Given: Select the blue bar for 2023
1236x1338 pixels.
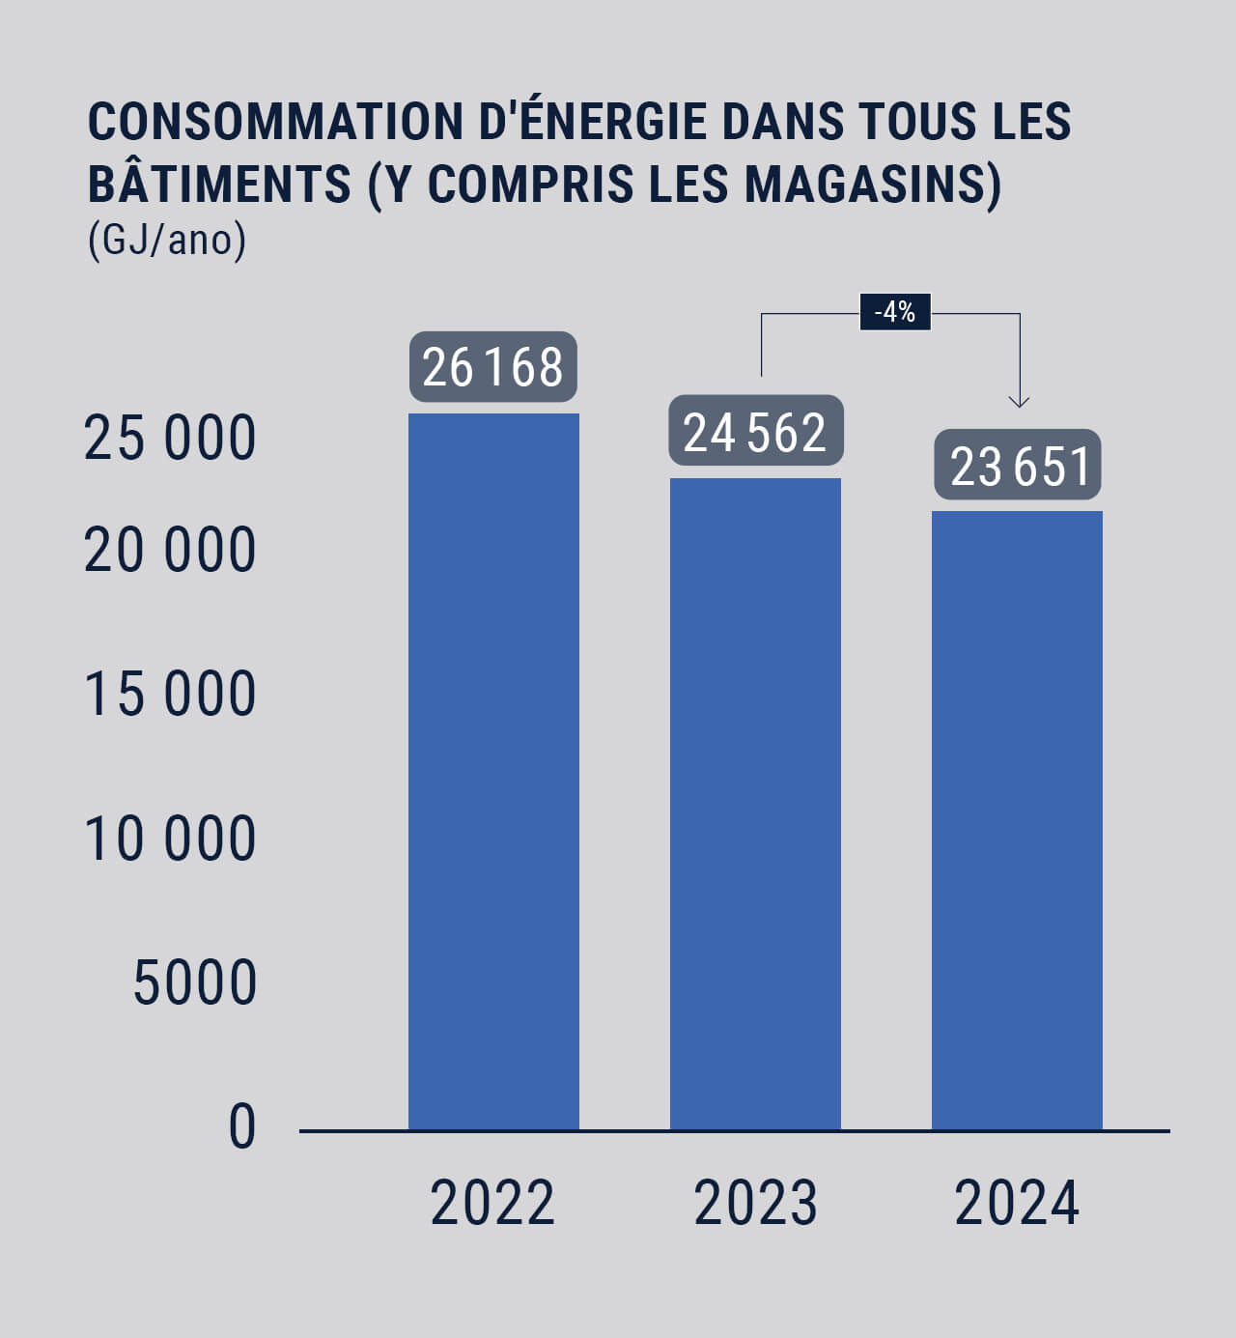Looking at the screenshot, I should click(755, 803).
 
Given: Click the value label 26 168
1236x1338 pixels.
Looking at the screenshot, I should click(493, 367).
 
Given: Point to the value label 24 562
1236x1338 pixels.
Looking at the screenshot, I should click(755, 431).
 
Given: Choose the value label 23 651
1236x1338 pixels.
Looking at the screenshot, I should click(1018, 465).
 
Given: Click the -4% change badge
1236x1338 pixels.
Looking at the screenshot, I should click(895, 312).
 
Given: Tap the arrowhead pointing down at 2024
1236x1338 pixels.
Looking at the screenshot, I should click(1019, 400).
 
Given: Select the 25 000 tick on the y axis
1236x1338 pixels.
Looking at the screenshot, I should click(170, 438).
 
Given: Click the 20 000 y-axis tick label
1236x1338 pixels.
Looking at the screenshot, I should click(170, 551).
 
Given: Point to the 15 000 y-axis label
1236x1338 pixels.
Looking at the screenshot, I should click(170, 694).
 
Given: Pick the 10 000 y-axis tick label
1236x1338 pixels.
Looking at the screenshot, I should click(170, 838).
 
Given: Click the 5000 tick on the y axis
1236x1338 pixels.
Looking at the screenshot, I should click(194, 982).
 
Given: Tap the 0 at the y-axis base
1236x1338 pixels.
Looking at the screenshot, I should click(242, 1126).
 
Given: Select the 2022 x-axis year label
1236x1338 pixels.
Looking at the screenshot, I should click(492, 1203).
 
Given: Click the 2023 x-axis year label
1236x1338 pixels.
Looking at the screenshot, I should click(755, 1203).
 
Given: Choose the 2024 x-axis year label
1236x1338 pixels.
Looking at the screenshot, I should click(1017, 1203).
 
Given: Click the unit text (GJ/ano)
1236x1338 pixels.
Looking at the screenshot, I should click(167, 240).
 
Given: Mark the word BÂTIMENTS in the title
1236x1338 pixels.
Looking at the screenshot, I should click(219, 184).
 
